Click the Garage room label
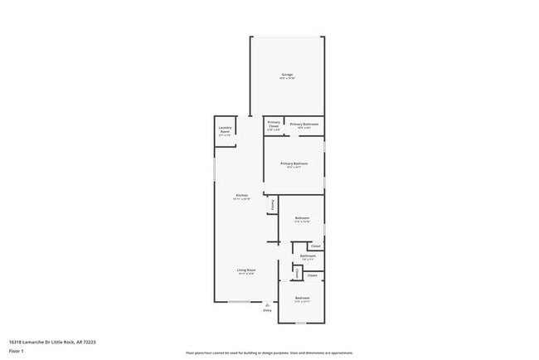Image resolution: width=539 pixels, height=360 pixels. point(287,75)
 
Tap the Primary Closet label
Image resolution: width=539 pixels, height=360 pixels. point(274,124)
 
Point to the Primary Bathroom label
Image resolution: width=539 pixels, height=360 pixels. point(304,124)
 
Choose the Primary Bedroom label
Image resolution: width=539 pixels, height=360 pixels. point(294,163)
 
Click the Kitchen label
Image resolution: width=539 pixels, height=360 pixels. point(240,196)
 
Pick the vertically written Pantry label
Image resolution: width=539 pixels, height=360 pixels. point(270,205)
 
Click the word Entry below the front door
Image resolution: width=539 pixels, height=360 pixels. point(267,310)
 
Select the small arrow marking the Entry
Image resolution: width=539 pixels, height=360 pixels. point(267,304)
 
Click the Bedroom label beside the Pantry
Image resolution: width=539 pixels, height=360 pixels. point(302,218)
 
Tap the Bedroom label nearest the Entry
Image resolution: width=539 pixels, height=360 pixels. point(302,297)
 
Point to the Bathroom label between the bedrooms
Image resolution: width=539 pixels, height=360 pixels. point(308,256)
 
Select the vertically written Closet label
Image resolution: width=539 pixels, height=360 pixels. point(297,273)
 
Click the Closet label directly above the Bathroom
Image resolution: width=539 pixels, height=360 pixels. point(315,246)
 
